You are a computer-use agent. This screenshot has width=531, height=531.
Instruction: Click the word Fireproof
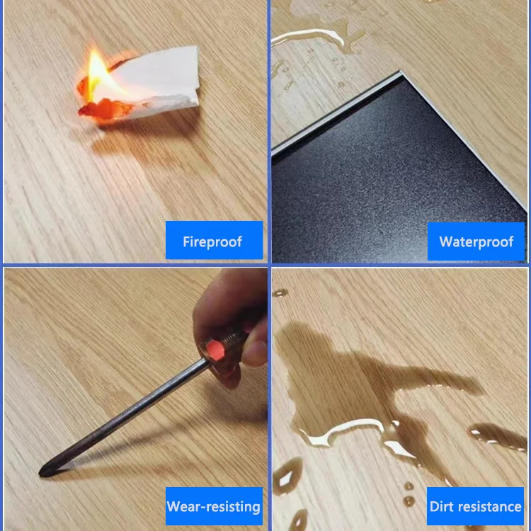coord(212,241)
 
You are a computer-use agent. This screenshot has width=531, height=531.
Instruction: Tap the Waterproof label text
coord(476,241)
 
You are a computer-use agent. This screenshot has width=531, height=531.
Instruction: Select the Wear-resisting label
coord(213,507)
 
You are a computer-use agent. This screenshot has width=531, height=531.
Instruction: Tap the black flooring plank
coord(396,184)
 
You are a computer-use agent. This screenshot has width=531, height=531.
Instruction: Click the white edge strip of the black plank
coord(333,110)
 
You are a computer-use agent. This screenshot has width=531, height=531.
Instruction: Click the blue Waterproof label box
coord(476,241)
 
